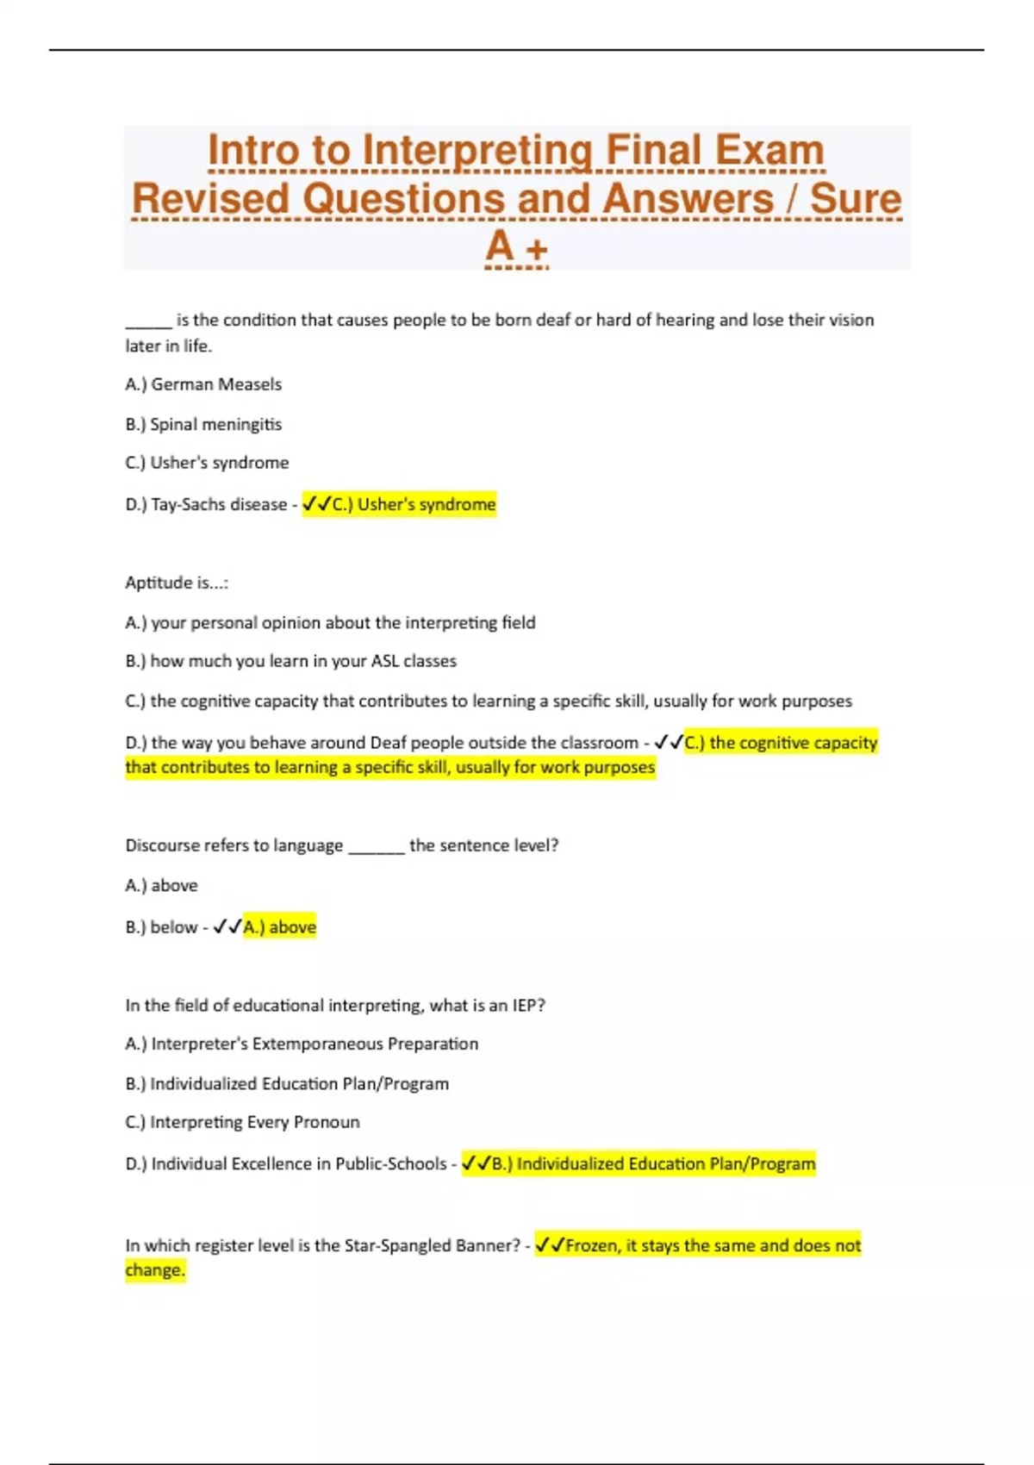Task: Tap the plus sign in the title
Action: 537,250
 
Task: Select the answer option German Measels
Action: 203,384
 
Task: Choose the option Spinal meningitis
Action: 203,424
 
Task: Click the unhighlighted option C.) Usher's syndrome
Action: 207,463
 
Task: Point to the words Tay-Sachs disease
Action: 219,504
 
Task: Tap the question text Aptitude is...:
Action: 177,583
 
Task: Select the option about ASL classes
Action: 290,661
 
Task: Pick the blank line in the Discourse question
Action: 376,848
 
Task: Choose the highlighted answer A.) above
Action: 280,927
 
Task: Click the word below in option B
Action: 174,927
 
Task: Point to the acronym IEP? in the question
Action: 528,1005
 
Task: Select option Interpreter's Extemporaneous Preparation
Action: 302,1044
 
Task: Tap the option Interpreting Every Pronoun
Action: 242,1122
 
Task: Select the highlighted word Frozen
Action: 592,1245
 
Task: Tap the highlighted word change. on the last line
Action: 155,1270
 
